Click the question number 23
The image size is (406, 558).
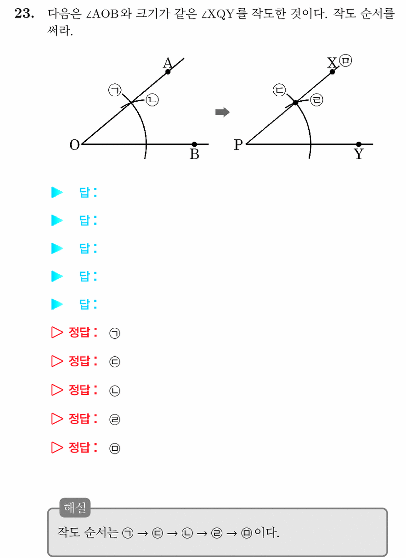(24, 13)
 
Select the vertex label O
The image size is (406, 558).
(74, 145)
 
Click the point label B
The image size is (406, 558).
(194, 154)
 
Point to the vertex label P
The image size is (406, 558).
(238, 145)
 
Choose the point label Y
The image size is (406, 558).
(359, 154)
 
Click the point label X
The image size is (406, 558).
(332, 63)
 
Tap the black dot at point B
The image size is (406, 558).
(194, 144)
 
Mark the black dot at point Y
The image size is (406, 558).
(359, 144)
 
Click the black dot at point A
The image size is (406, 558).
(168, 72)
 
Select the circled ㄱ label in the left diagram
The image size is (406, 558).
(115, 90)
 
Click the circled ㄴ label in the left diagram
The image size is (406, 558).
(152, 100)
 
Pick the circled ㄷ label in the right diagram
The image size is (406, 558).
(279, 90)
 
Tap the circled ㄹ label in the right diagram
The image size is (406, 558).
(316, 100)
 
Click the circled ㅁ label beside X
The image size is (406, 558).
(345, 61)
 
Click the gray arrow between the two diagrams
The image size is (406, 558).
(222, 112)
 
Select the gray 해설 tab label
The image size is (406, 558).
(75, 508)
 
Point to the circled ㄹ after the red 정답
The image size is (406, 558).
(115, 420)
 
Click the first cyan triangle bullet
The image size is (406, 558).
(57, 192)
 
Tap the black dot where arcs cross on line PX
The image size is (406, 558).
(295, 102)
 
